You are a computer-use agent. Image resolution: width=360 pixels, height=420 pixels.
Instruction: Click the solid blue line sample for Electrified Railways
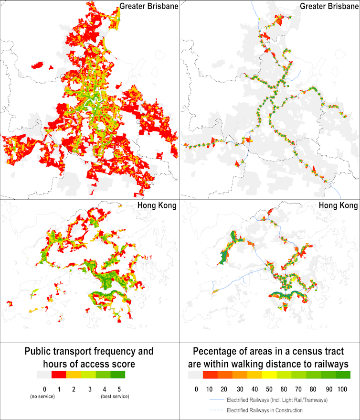pos(217,399)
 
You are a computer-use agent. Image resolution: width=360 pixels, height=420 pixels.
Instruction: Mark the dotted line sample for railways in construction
pos(217,410)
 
